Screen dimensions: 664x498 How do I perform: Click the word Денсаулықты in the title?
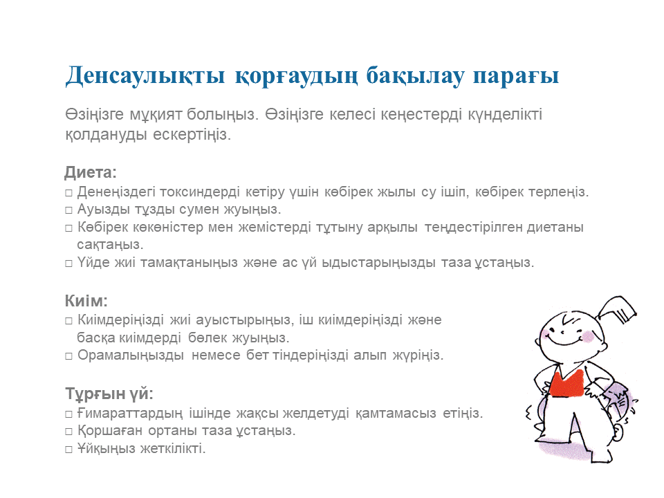tap(145, 76)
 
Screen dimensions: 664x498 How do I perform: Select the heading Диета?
tap(90, 172)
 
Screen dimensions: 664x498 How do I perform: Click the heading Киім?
tap(86, 301)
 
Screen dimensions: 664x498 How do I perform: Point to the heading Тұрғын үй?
tap(109, 394)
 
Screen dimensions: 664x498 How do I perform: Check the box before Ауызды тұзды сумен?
tap(68, 210)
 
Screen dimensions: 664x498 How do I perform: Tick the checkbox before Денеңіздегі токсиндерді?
tap(68, 193)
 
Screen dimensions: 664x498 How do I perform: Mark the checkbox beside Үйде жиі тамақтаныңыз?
tap(68, 264)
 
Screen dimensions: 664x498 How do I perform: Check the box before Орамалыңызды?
tap(68, 356)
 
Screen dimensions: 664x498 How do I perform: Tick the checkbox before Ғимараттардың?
tap(68, 414)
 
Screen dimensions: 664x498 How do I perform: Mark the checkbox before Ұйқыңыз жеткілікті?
tap(68, 450)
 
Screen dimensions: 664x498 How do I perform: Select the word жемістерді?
tap(275, 228)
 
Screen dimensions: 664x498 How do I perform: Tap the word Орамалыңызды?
tap(131, 355)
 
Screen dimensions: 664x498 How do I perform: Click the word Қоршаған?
tap(110, 430)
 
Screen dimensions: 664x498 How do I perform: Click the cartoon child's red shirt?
tap(566, 383)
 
